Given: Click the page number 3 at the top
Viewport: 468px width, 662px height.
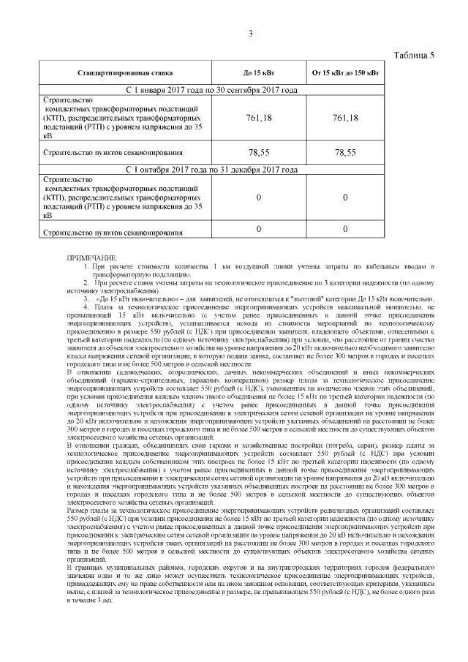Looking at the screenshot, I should [250, 34].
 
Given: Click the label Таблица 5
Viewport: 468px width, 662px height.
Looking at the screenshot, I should [415, 56].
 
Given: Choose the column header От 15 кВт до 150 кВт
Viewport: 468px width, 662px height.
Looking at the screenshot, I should [345, 73].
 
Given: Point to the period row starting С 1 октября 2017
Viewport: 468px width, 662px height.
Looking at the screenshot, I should [211, 169].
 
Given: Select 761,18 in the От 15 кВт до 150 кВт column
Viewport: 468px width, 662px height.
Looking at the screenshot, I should [345, 118].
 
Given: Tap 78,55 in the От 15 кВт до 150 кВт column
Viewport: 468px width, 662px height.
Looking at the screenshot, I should [345, 152].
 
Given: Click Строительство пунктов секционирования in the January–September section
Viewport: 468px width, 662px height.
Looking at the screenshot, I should [112, 153].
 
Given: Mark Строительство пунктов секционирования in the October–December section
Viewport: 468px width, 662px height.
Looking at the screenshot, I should [112, 233].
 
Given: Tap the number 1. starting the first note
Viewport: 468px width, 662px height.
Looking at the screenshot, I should [86, 266].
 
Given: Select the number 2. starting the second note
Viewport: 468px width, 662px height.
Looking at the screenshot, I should [86, 281].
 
